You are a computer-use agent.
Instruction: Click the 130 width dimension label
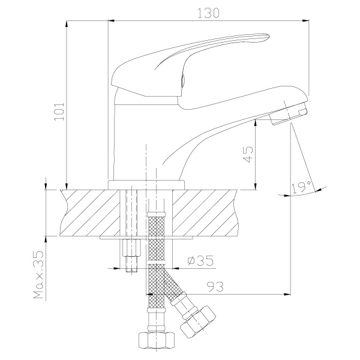(208, 13)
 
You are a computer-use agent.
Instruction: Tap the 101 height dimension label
(59, 112)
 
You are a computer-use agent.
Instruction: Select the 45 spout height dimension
(248, 154)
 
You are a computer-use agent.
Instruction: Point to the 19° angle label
(301, 187)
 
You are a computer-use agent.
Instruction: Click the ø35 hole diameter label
(200, 260)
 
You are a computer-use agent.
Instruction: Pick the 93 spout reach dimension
(215, 287)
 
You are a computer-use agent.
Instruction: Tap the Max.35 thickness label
(38, 275)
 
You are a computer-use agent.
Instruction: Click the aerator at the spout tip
(288, 114)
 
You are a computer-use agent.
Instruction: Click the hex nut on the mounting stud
(131, 248)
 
